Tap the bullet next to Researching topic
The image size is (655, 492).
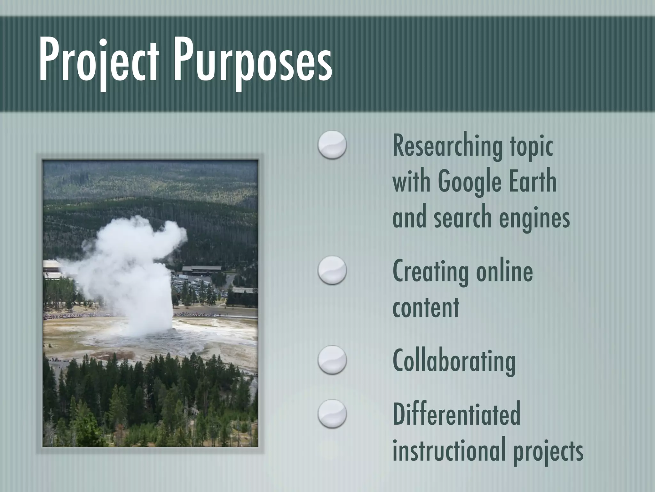click(x=332, y=145)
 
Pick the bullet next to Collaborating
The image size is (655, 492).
click(x=332, y=360)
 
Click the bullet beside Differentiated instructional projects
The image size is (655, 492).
click(x=332, y=414)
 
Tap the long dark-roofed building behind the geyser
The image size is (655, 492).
click(x=201, y=271)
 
